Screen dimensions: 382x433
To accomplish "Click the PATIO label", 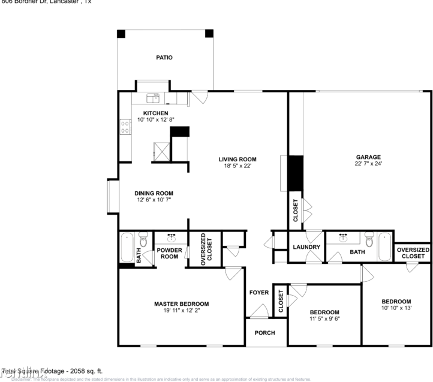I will point(164,58).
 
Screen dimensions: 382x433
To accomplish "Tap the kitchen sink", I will point(153,96).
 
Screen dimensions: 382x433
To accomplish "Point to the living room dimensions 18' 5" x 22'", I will point(237,166).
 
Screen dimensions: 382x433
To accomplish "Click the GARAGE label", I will point(366,157).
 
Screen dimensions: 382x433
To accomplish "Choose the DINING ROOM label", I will point(153,193).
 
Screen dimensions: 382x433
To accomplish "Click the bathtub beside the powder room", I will point(127,247).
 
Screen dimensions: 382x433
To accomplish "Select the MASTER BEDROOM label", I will point(181,303).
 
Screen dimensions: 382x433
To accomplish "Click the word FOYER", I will point(259,292).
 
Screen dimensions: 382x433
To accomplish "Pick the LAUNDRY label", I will point(306,247).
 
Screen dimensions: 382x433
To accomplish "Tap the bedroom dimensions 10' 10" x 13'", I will point(396,308).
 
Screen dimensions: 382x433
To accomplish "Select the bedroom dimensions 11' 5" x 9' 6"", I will point(324,319).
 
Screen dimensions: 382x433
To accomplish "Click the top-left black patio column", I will point(121,34).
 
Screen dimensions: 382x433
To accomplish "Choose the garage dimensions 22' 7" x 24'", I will point(366,164).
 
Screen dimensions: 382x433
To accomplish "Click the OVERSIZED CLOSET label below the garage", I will point(413,252).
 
